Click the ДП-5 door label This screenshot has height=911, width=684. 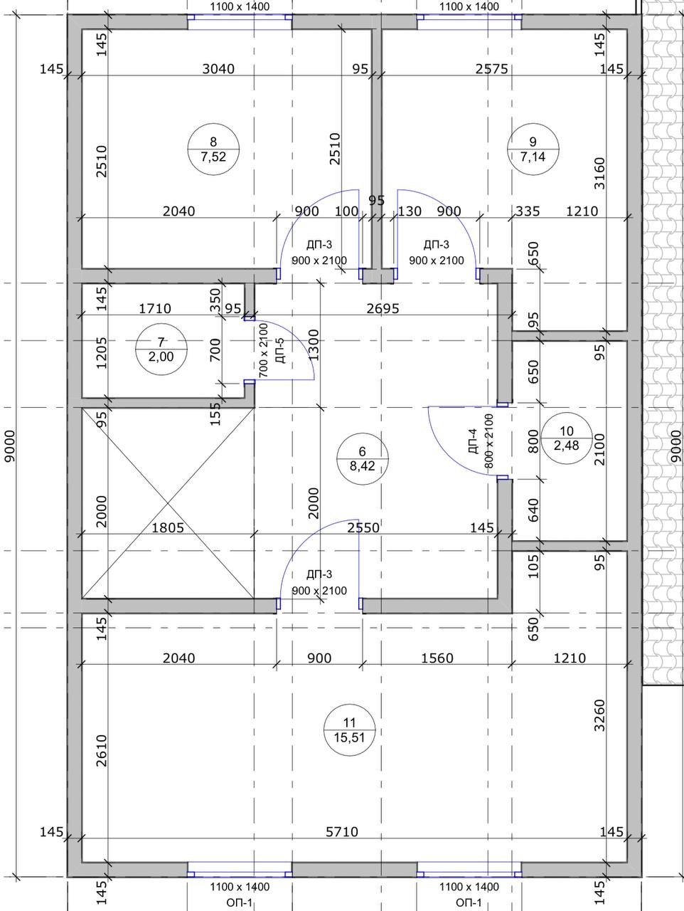(x=281, y=351)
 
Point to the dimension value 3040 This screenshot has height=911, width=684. (x=218, y=68)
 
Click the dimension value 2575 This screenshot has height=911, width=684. (x=491, y=68)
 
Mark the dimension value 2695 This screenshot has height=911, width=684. (x=383, y=308)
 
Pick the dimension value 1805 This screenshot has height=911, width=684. (x=168, y=527)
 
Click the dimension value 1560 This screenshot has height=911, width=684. (x=437, y=658)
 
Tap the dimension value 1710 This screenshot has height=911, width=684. (x=155, y=308)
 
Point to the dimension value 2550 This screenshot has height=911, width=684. (x=363, y=527)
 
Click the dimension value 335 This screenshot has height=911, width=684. (x=528, y=211)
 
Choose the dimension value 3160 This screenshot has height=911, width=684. (x=599, y=173)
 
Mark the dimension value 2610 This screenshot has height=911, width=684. (x=101, y=751)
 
